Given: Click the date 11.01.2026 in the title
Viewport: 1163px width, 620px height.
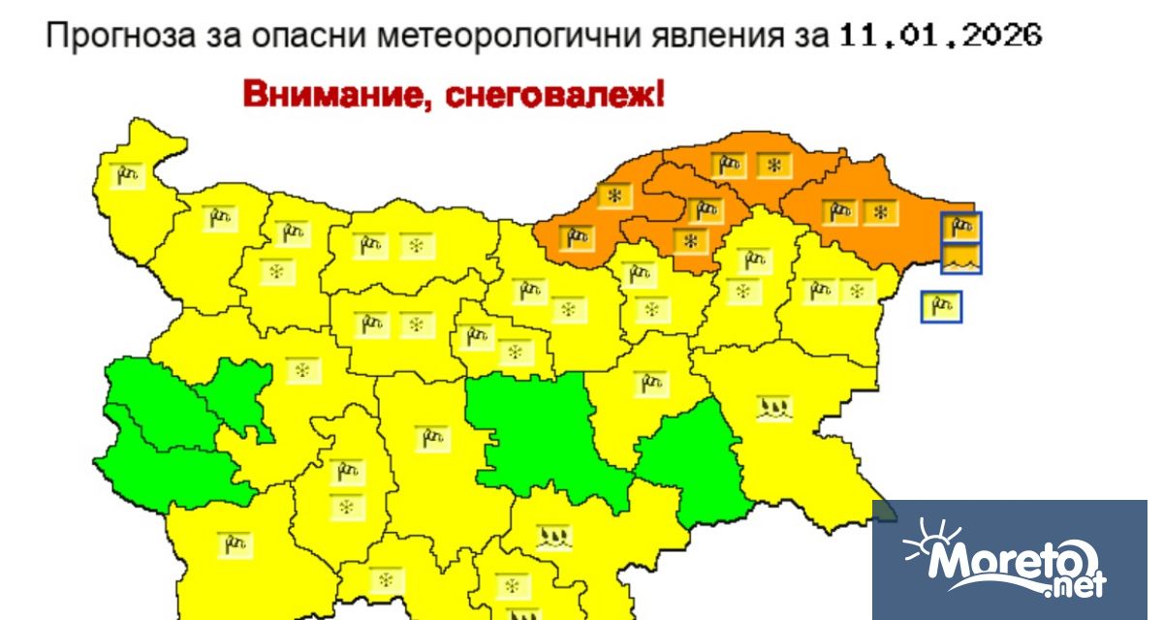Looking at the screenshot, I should click(939, 36).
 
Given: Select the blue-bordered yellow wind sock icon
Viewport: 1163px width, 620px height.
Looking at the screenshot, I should click(941, 307).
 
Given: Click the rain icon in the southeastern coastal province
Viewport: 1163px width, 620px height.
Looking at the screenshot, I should click(775, 406).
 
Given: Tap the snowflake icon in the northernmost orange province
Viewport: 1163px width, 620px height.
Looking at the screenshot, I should click(773, 166).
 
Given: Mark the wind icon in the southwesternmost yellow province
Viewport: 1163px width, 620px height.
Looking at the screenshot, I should click(234, 543).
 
